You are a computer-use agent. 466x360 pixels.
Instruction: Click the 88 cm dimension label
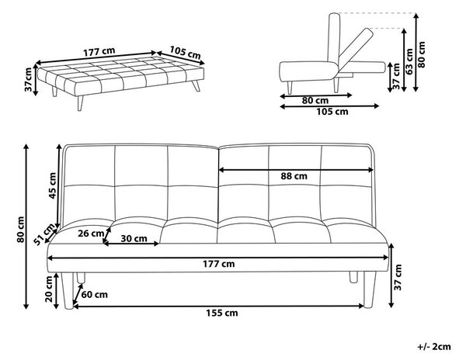coord(294,176)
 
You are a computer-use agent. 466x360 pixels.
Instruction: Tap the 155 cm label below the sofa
coord(222,313)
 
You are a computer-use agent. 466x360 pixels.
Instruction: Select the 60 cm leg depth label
coord(94,295)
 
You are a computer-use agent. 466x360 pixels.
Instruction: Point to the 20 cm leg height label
coord(49,289)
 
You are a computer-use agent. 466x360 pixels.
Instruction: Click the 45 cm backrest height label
coord(52,185)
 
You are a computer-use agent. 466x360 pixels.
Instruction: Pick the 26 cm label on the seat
coord(91,234)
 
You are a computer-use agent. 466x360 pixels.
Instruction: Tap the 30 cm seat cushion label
coord(134,238)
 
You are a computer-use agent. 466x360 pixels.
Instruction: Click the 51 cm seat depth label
coord(45,234)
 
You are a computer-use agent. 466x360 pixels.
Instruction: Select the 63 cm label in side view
coord(409,61)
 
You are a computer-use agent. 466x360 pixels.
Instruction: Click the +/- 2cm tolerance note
coord(434,347)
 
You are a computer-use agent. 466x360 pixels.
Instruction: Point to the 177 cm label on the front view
coord(219,264)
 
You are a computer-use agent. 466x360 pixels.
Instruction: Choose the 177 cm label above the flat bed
coord(99,52)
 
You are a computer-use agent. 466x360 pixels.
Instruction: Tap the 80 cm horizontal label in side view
coord(315,100)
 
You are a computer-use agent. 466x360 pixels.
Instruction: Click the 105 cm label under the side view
coord(332,112)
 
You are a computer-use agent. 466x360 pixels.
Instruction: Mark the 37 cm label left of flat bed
coord(28,80)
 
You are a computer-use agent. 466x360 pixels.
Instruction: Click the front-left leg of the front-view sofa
coord(68,291)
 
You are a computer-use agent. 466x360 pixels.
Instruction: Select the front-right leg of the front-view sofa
coord(370,289)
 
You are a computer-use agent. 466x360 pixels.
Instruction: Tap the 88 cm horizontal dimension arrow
coord(296,170)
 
